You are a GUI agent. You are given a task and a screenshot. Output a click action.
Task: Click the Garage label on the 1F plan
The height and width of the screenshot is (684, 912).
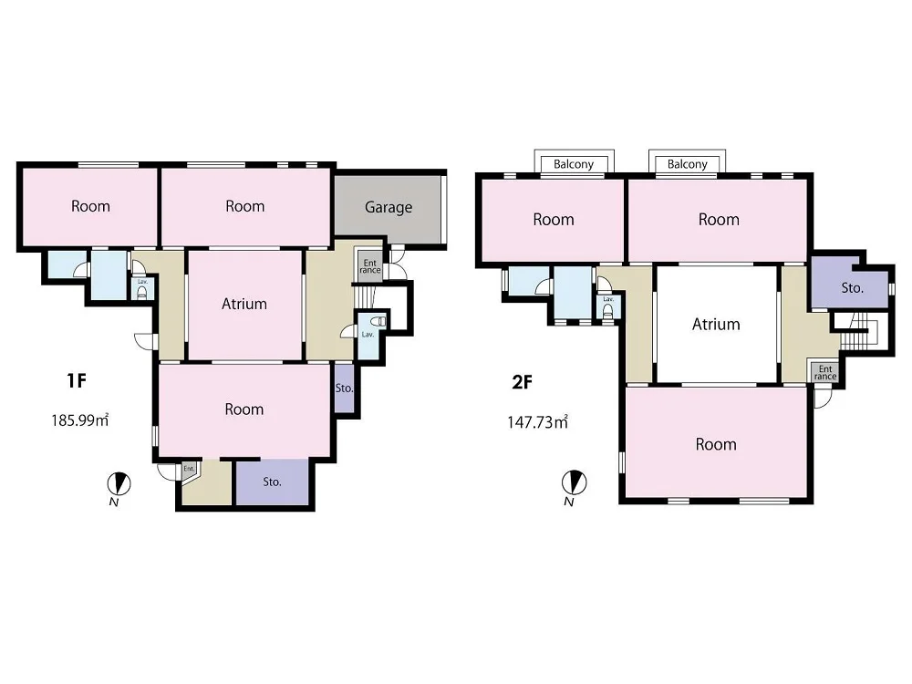click(389, 208)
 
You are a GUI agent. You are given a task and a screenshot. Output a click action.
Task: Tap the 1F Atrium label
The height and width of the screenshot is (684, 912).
click(244, 304)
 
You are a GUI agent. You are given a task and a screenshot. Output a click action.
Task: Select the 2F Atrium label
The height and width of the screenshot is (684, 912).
click(716, 324)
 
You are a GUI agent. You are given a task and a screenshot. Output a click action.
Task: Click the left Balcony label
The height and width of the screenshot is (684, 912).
click(574, 164)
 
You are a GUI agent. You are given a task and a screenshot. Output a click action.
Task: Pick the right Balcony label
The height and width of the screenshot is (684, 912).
click(688, 164)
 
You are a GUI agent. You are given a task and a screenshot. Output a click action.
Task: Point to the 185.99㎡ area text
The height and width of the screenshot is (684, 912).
click(80, 420)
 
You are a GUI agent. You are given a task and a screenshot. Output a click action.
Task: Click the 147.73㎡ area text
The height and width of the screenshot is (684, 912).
click(537, 421)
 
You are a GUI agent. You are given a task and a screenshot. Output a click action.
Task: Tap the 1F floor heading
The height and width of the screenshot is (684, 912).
click(77, 381)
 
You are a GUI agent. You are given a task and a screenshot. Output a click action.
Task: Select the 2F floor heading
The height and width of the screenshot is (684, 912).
click(522, 382)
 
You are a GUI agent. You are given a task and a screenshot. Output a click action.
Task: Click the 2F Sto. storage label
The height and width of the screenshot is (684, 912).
click(852, 288)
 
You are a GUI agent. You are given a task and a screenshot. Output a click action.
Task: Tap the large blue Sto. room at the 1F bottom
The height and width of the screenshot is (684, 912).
click(272, 482)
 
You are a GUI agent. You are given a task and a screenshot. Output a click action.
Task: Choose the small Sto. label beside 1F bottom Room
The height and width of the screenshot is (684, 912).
click(345, 388)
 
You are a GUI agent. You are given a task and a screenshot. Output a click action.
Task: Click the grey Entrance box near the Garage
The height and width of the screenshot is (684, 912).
click(370, 267)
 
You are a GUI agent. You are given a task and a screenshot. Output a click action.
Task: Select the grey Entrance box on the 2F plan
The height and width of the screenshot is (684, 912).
click(825, 372)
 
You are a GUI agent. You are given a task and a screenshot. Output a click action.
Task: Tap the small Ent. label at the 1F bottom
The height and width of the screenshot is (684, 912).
click(189, 468)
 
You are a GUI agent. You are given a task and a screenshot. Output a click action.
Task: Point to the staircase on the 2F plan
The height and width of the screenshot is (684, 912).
click(855, 333)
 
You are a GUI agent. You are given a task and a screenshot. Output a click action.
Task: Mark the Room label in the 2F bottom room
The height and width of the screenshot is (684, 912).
click(716, 444)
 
